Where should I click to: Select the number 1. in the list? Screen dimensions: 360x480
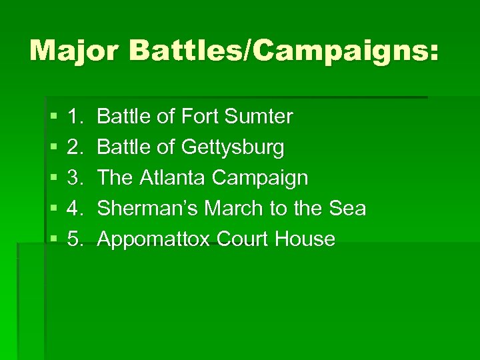[75, 117]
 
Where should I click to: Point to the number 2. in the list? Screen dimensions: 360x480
[75, 148]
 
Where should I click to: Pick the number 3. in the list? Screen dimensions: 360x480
[75, 179]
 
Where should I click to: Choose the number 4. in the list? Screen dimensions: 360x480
[75, 209]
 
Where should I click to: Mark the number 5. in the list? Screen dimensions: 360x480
[75, 239]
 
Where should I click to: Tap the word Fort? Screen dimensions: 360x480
[202, 117]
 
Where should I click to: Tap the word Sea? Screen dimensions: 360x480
[348, 209]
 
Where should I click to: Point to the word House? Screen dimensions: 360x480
[307, 239]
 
